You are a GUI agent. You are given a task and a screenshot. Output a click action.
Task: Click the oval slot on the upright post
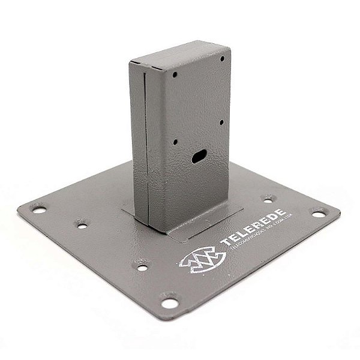(x=199, y=157)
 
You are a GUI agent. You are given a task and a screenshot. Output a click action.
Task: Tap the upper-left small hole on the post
(x=175, y=76)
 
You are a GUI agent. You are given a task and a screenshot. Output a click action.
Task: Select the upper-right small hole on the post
(x=222, y=59)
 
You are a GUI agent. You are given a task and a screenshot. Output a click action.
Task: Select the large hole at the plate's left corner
(x=39, y=210)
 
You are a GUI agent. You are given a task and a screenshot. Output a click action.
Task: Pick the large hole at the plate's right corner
(x=317, y=212)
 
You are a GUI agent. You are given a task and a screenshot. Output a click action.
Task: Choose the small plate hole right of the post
(x=268, y=199)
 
